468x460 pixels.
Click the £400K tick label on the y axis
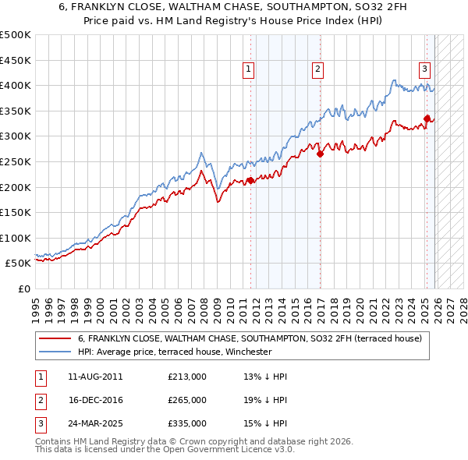[x=16, y=85]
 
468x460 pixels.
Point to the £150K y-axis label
[x=16, y=212]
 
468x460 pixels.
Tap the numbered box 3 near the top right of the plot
[x=425, y=69]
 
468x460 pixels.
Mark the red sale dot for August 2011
[x=250, y=181]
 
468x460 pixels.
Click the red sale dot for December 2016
[x=320, y=154]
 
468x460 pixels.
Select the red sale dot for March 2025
[x=427, y=119]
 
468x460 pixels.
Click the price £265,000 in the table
[x=187, y=400]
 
